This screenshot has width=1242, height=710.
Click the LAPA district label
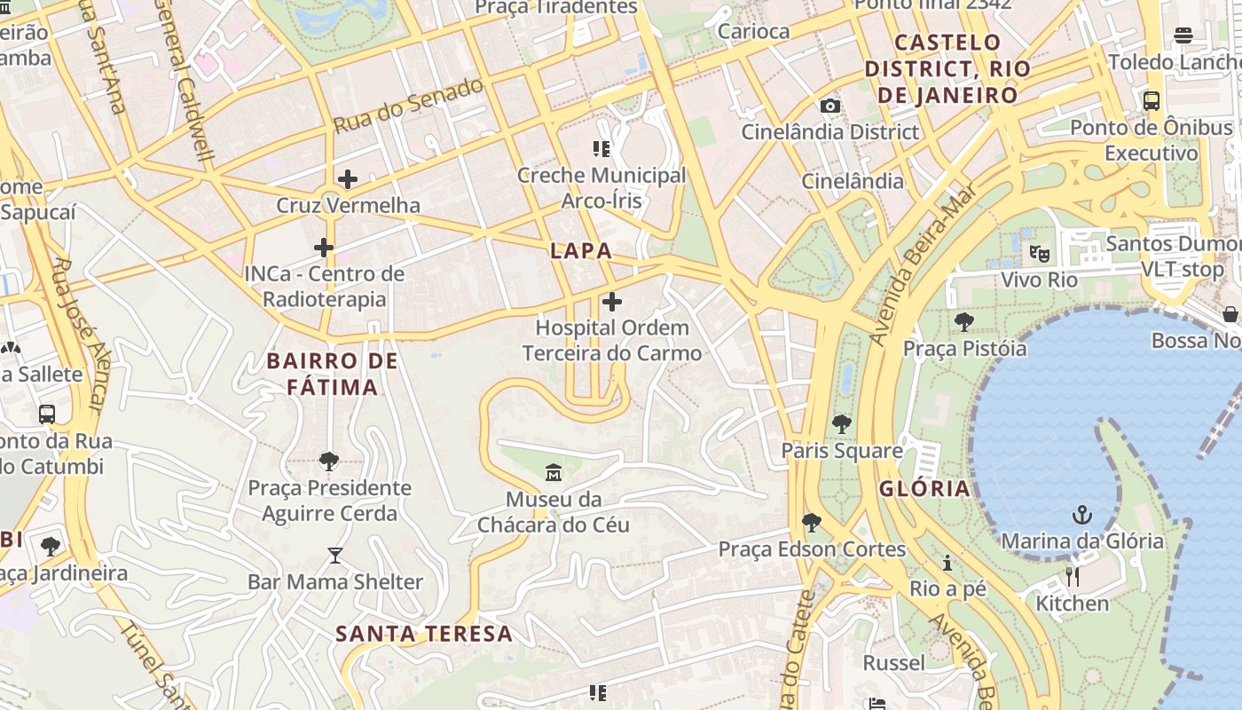click(x=581, y=250)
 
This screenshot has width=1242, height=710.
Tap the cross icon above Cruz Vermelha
click(x=348, y=179)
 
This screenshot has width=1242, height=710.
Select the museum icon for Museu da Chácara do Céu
click(x=554, y=473)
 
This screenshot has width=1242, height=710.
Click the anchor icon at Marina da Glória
click(x=1081, y=515)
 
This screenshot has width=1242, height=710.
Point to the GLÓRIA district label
click(x=924, y=488)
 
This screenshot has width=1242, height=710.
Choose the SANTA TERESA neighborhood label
click(x=424, y=634)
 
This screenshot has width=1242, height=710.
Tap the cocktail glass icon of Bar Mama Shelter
click(x=334, y=556)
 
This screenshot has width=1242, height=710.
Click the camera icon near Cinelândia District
click(x=830, y=106)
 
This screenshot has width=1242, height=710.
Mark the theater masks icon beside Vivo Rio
click(x=1040, y=254)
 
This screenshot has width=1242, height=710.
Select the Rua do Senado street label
click(x=408, y=106)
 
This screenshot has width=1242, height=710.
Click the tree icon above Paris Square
click(x=842, y=424)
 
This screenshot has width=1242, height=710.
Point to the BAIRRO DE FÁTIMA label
click(x=332, y=374)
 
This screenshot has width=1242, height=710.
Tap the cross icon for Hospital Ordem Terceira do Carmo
click(x=612, y=303)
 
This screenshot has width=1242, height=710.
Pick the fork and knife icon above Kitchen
click(x=1073, y=578)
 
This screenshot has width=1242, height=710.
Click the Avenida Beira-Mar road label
click(x=924, y=264)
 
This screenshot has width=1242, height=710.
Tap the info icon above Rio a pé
click(x=947, y=563)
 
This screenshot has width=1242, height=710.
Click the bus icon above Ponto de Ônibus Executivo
click(x=1152, y=101)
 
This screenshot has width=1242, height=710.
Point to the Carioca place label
click(x=753, y=31)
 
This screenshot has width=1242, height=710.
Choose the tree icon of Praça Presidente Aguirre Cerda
click(x=329, y=461)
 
